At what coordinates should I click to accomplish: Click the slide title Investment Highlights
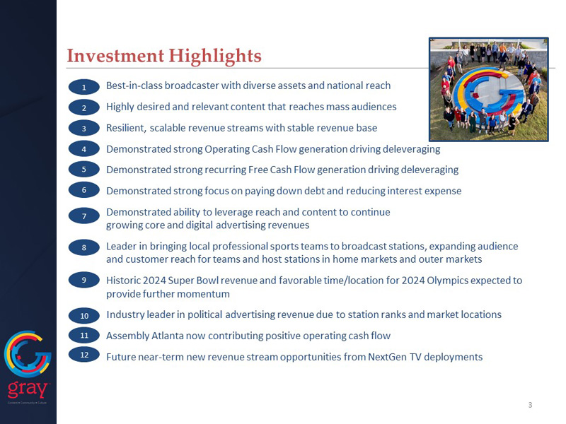click(x=163, y=55)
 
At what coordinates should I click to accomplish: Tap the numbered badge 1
click(x=84, y=87)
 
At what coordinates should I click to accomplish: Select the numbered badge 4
click(x=84, y=149)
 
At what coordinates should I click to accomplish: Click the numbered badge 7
click(x=84, y=216)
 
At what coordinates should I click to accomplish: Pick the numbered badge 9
click(x=84, y=281)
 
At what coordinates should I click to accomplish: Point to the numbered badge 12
click(x=84, y=355)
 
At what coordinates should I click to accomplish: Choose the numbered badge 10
click(x=84, y=315)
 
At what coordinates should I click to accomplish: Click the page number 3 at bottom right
click(x=530, y=405)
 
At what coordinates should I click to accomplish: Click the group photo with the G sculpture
click(x=488, y=89)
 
